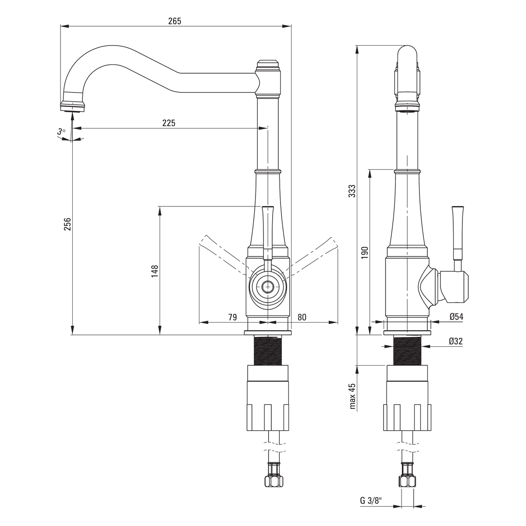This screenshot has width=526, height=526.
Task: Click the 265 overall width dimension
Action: point(175,21)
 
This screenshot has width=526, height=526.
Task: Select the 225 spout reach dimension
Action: point(169,123)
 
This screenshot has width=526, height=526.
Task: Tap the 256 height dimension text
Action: point(68,224)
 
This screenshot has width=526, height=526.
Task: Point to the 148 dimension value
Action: point(155,271)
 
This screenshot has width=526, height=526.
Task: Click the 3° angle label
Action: point(61,132)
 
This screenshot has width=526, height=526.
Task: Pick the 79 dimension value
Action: point(233,317)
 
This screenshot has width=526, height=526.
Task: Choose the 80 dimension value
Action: point(302,317)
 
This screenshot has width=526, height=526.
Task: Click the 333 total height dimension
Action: point(352,191)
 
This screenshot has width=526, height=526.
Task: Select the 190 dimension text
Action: point(364,252)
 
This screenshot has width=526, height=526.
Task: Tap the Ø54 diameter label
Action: point(456,316)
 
